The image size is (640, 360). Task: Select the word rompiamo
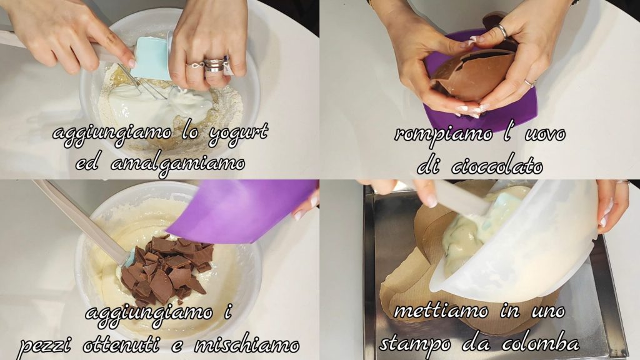click(x=443, y=134)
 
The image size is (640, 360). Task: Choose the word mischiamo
click(x=246, y=345)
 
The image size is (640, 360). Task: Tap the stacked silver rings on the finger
click(x=215, y=64)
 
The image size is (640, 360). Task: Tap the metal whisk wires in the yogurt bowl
click(x=144, y=82)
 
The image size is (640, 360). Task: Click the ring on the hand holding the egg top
click(x=501, y=31)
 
